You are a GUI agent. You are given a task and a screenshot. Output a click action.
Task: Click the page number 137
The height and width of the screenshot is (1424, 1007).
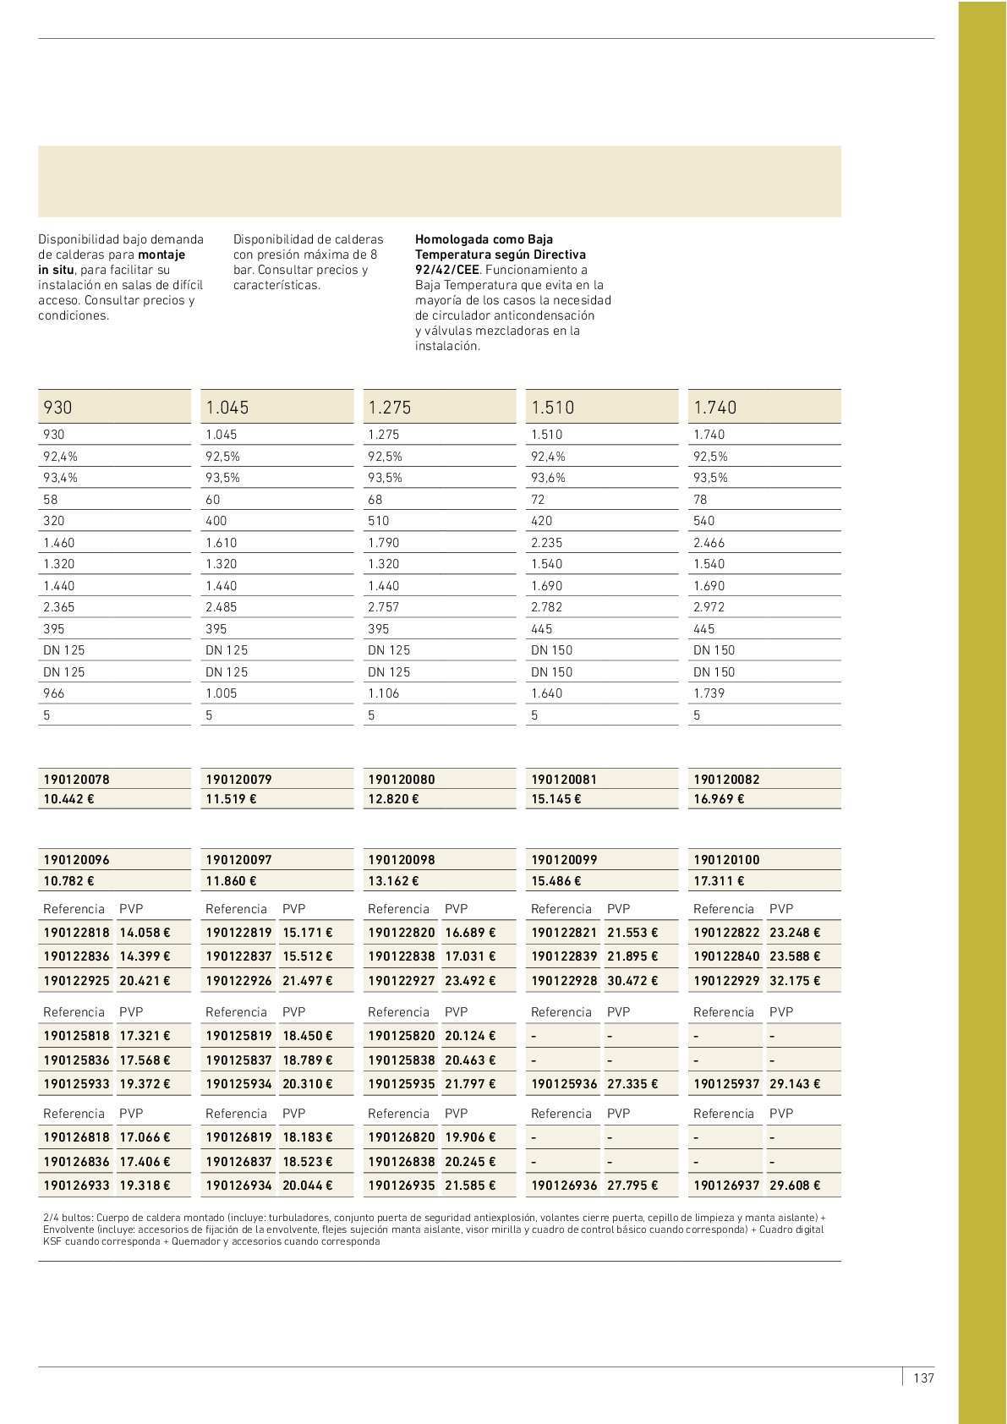[x=923, y=1377]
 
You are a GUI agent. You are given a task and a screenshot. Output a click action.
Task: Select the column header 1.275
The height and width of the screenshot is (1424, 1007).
[x=390, y=408]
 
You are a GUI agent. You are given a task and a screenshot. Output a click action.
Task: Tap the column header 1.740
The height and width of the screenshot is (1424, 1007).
[x=715, y=408]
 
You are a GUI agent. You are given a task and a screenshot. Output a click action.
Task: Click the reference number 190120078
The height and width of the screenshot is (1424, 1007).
[x=76, y=779]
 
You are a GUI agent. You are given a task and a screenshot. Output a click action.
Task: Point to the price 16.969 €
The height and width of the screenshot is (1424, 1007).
[x=719, y=799]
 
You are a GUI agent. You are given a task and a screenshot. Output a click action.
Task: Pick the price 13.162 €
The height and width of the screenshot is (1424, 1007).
[x=393, y=880]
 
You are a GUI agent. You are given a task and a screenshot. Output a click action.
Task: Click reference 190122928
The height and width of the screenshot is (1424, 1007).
[x=564, y=981]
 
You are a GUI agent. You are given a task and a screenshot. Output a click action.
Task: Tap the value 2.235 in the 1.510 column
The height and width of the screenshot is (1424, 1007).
[x=546, y=543]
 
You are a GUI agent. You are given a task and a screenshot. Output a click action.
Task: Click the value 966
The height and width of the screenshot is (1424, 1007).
[x=54, y=693]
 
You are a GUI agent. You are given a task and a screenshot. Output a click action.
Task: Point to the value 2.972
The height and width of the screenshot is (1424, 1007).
[x=709, y=607]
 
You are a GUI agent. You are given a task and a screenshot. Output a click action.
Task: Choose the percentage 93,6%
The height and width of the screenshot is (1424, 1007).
[x=548, y=478]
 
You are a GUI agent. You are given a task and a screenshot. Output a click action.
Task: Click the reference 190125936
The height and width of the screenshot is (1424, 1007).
[x=564, y=1083]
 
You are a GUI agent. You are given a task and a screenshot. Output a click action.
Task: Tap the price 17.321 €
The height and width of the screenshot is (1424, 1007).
[x=145, y=1035]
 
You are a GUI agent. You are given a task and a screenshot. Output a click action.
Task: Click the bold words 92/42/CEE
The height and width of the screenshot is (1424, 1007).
[x=446, y=270]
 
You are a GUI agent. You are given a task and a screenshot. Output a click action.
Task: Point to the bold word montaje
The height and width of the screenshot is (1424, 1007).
[x=161, y=255]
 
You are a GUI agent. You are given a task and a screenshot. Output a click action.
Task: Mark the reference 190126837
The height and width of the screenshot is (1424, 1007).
[x=239, y=1162]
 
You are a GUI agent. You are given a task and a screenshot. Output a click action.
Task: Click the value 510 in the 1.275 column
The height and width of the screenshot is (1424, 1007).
[x=379, y=521]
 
